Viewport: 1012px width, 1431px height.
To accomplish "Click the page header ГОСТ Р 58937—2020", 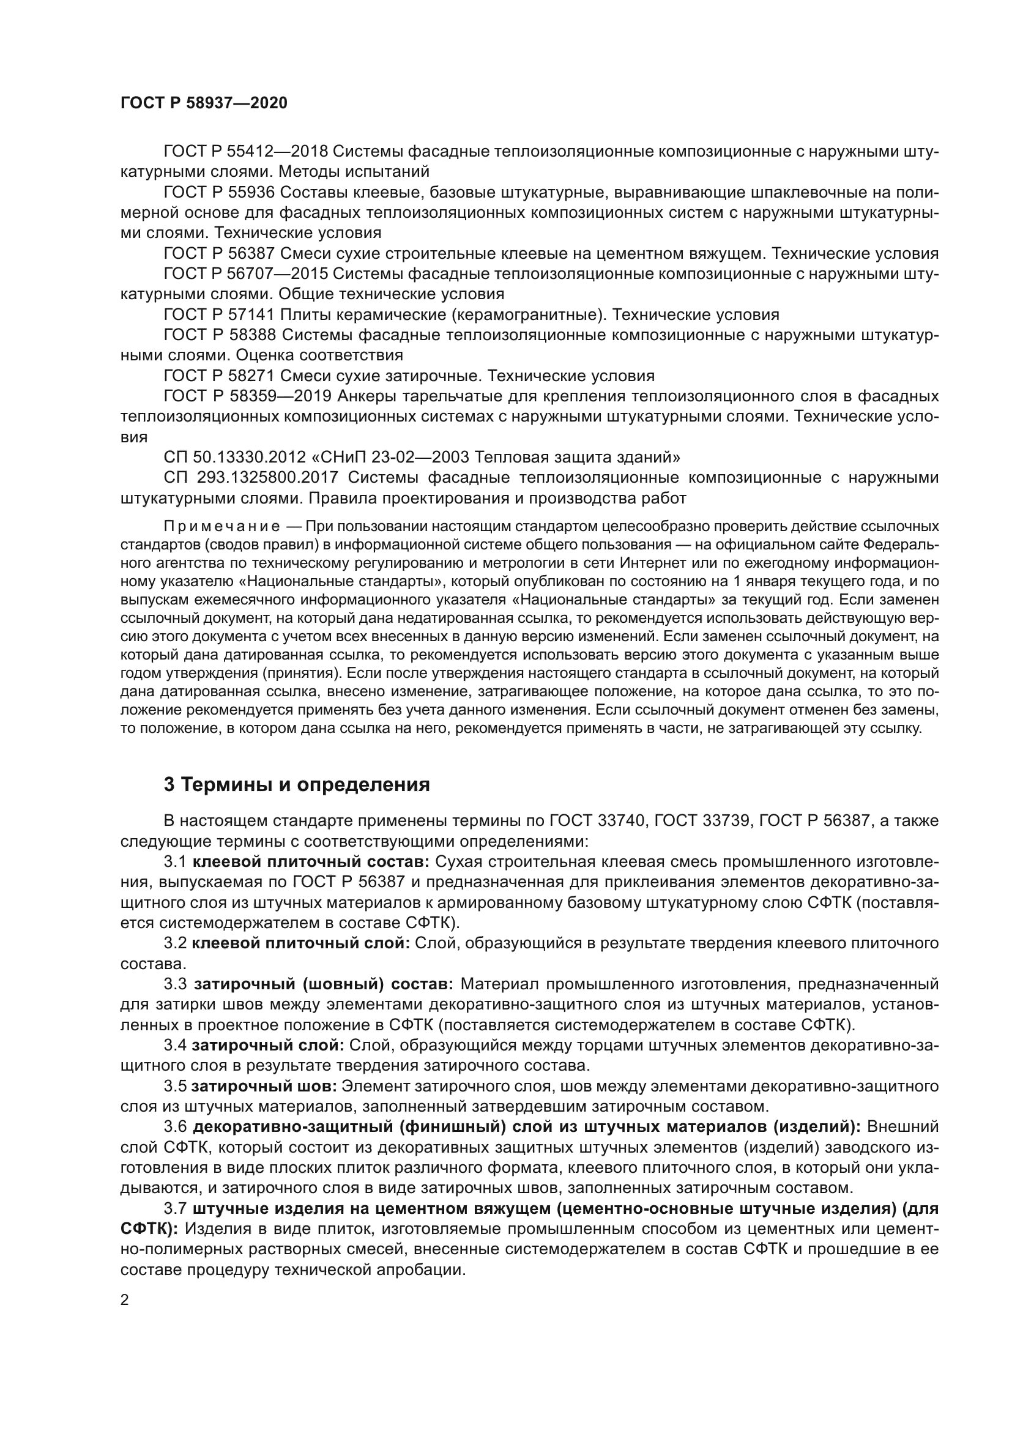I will tap(204, 103).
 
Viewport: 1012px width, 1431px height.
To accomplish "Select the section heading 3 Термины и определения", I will tap(297, 784).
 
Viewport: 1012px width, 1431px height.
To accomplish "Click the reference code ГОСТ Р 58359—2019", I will tap(245, 396).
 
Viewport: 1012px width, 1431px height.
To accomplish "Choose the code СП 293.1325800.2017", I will tap(250, 478).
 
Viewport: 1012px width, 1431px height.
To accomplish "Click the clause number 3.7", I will tap(175, 1208).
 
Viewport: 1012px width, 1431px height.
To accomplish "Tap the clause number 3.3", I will tap(175, 984).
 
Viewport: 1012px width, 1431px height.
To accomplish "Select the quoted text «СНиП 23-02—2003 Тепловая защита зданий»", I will tap(495, 458).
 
